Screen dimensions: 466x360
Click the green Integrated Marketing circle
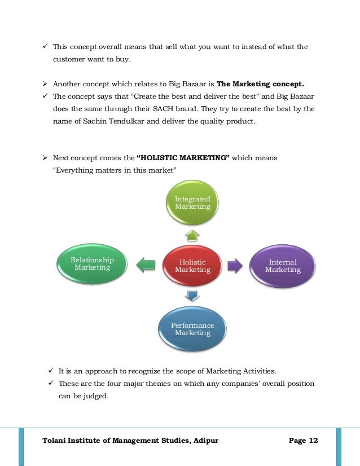tap(192, 203)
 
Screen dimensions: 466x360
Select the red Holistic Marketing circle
tap(192, 266)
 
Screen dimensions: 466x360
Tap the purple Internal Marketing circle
tap(283, 266)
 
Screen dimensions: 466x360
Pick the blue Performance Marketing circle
tap(192, 329)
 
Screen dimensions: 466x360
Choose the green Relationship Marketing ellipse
tap(92, 263)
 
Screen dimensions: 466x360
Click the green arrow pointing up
tap(192, 235)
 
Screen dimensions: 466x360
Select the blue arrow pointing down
tap(192, 295)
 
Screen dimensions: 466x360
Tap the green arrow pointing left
tap(146, 265)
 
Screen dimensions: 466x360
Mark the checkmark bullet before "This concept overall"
tap(45, 47)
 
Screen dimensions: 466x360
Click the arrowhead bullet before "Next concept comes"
tap(45, 158)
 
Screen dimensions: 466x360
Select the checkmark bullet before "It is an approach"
tap(51, 371)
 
